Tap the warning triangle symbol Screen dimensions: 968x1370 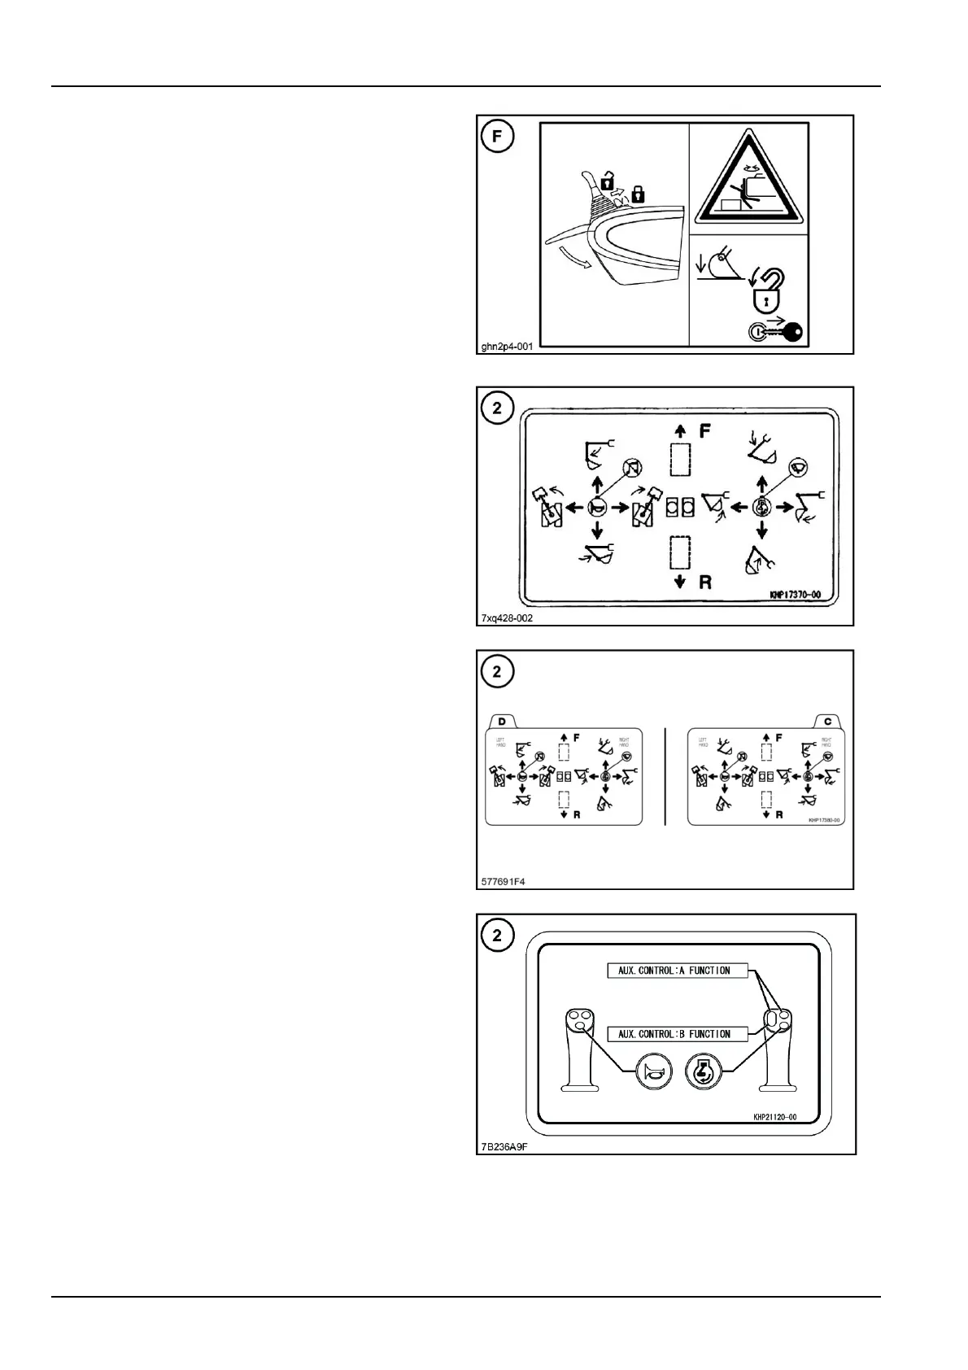(x=748, y=181)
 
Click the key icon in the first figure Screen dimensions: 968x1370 (x=776, y=330)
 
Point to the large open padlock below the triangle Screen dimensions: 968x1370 (x=766, y=289)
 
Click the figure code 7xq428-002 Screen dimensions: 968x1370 (x=507, y=618)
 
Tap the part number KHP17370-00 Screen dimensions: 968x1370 (x=796, y=596)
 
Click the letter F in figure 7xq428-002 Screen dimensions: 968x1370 (x=704, y=430)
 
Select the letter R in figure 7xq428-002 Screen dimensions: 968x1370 (x=705, y=582)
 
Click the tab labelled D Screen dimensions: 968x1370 (x=502, y=722)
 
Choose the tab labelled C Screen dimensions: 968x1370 (x=828, y=722)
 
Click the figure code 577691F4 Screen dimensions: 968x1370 (x=503, y=881)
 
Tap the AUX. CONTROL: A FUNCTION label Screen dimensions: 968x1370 (x=677, y=971)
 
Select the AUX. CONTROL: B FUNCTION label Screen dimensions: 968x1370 (x=677, y=1034)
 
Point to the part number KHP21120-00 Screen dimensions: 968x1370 (x=774, y=1117)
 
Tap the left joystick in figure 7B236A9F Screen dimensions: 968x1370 (x=578, y=1049)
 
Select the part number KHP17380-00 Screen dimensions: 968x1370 (x=824, y=820)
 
